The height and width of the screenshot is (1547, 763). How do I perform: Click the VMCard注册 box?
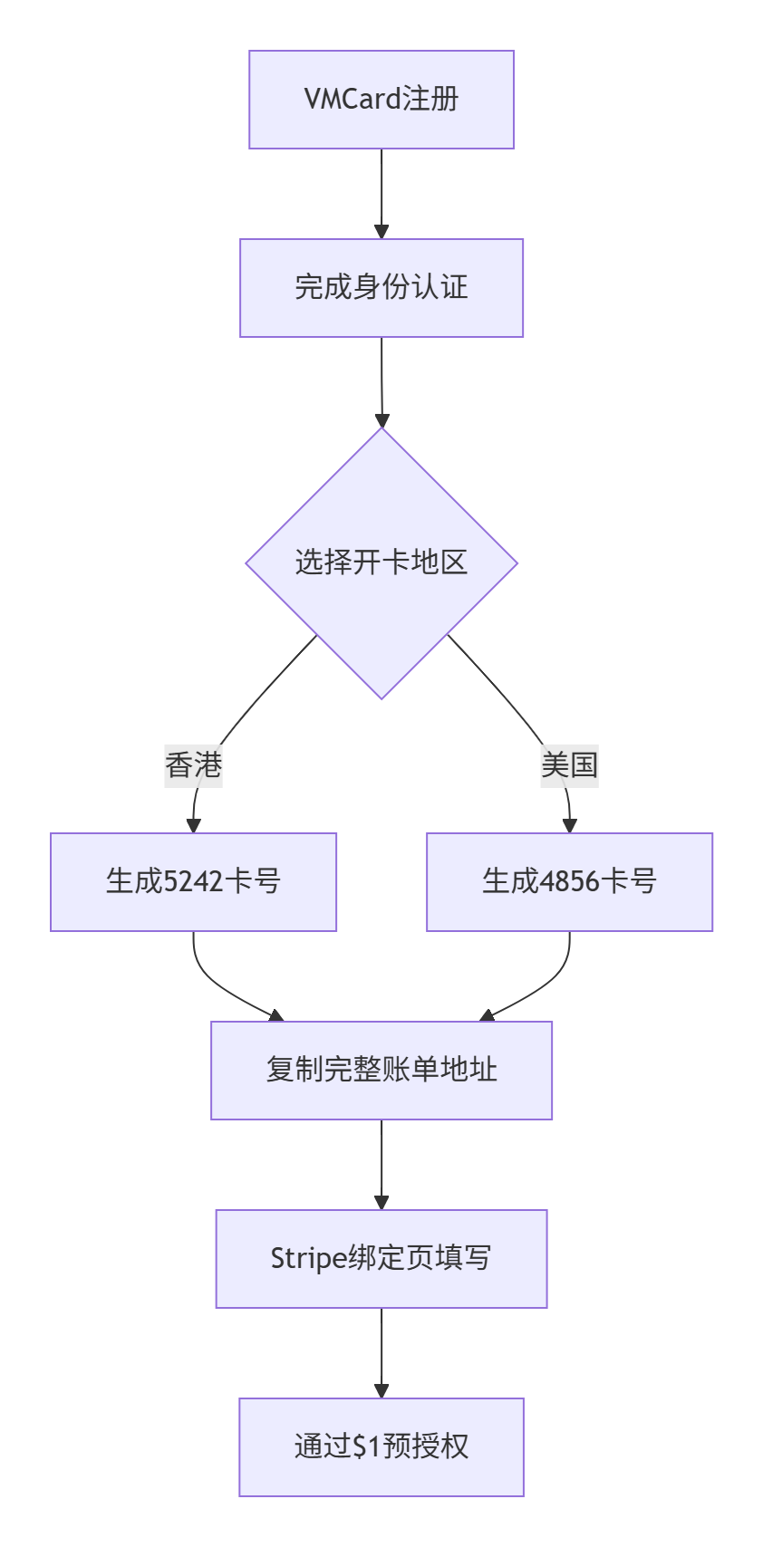pos(381,100)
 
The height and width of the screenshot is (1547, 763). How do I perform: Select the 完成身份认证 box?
pos(381,288)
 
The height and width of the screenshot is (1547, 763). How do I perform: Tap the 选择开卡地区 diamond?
pos(381,562)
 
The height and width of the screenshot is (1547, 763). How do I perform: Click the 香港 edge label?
pos(193,765)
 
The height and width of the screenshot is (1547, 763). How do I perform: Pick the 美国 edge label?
pos(569,765)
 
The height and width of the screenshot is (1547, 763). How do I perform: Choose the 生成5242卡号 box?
pos(193,882)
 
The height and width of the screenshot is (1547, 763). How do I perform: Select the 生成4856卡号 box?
pos(569,882)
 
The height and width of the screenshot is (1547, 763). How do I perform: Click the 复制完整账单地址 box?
pos(381,1071)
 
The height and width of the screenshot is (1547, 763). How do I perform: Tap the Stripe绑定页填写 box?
pos(381,1259)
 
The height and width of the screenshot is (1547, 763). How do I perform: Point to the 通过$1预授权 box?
pos(381,1447)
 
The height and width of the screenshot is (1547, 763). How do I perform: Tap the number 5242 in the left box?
pos(193,881)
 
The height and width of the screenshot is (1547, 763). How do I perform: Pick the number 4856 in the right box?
pos(569,881)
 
